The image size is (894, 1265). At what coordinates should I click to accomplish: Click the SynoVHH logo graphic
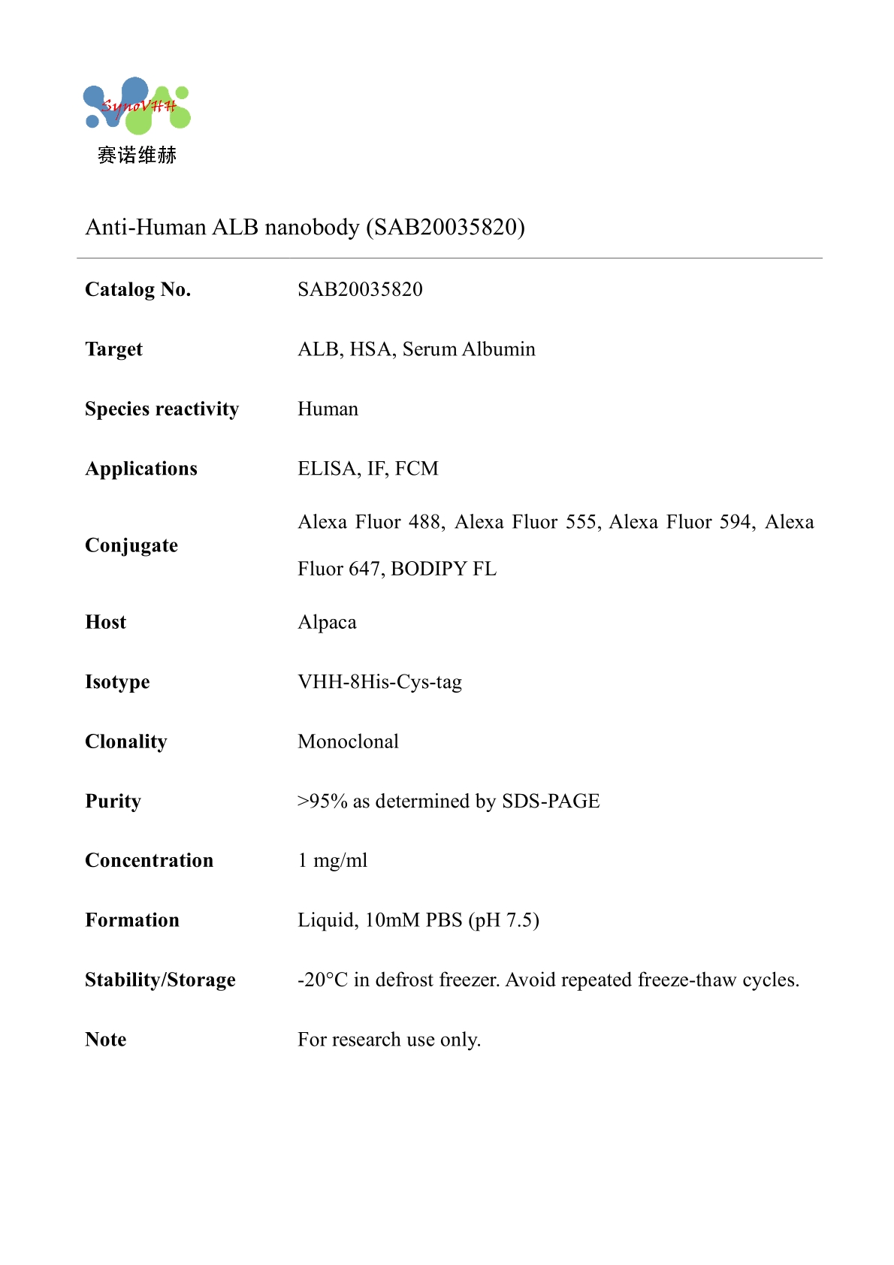click(x=137, y=106)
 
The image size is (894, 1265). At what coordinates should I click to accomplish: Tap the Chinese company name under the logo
click(x=137, y=155)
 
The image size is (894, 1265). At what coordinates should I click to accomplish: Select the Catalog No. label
click(x=138, y=289)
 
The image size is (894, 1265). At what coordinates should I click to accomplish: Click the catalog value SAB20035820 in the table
click(x=360, y=289)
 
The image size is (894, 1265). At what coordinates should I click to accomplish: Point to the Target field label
click(x=113, y=349)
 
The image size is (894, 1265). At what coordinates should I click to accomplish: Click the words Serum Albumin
click(x=469, y=349)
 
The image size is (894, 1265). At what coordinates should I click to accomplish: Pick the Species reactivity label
click(x=162, y=409)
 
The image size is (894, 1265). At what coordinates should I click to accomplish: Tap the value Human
click(x=328, y=409)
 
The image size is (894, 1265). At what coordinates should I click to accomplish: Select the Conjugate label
click(x=131, y=545)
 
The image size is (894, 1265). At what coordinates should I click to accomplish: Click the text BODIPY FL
click(x=443, y=569)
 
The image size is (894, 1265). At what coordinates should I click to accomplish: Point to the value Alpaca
click(x=327, y=622)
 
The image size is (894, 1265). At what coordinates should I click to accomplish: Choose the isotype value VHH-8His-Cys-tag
click(x=379, y=682)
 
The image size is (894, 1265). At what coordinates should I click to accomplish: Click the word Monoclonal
click(x=348, y=741)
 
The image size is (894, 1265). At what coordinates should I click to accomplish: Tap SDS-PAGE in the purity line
click(x=551, y=802)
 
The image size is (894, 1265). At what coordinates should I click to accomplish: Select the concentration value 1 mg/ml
click(x=333, y=860)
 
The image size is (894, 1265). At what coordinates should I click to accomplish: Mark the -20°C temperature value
click(x=322, y=980)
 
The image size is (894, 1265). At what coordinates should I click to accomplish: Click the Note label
click(x=106, y=1040)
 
